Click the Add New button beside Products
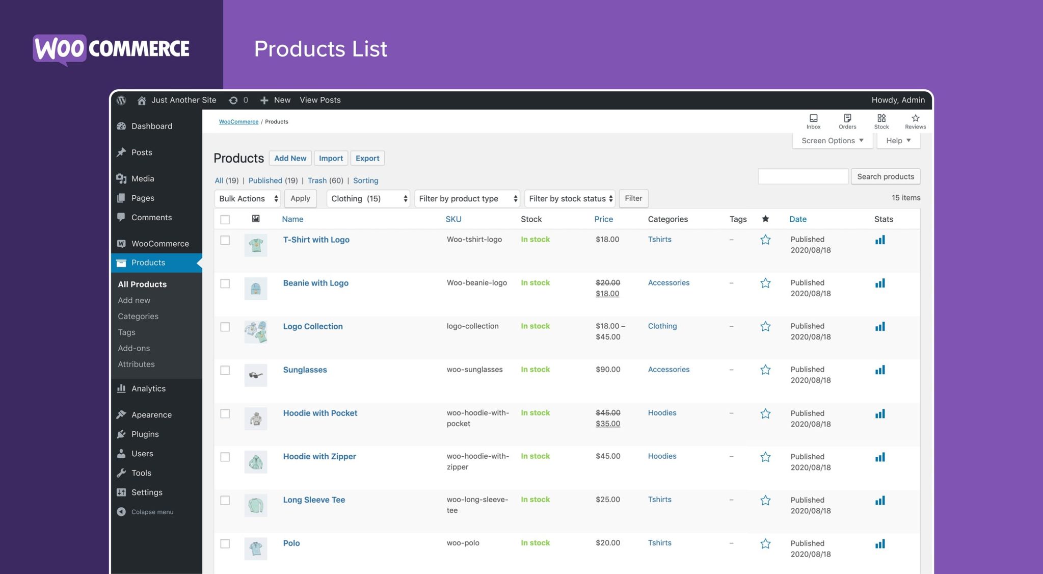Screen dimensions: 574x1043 coord(290,158)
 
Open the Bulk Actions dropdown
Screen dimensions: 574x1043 coord(248,198)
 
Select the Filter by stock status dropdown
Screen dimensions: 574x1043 coord(570,198)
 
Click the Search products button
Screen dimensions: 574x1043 coord(885,176)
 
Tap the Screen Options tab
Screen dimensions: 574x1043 coord(832,141)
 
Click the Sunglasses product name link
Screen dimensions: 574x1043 coord(305,370)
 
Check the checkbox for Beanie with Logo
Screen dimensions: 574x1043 coord(225,283)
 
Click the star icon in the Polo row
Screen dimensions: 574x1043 coord(765,544)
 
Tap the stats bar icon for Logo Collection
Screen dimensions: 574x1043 coord(880,327)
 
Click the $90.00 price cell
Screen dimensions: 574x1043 coord(607,370)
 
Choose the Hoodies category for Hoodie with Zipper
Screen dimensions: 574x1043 coord(662,456)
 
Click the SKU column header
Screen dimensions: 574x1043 coord(453,219)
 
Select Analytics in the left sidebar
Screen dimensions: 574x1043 coord(148,388)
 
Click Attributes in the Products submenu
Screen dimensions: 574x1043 coord(136,364)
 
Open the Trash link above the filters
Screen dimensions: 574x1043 coord(317,180)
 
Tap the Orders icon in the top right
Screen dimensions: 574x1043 coord(847,121)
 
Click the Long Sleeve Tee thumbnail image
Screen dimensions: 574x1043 coord(256,505)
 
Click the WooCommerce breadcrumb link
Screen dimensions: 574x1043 coord(238,122)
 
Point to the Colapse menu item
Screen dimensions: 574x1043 coord(152,512)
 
